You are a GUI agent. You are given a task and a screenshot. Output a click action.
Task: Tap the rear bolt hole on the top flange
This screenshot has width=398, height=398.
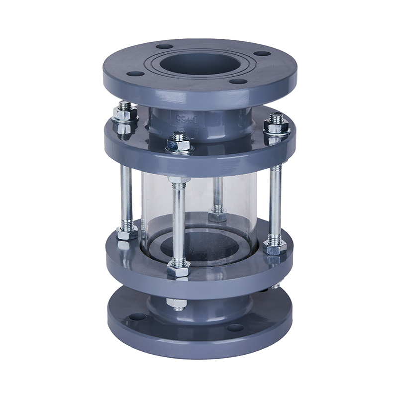click(164, 46)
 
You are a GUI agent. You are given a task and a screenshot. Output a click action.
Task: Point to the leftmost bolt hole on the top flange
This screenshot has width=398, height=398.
click(135, 74)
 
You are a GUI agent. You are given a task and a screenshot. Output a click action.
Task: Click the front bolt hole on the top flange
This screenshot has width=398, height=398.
click(238, 81)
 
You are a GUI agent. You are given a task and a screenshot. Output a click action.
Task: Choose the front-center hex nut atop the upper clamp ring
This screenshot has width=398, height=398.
click(178, 144)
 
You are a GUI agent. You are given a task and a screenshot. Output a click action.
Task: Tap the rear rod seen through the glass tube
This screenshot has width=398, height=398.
click(217, 194)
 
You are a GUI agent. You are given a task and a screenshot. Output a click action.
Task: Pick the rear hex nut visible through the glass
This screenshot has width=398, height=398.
click(217, 216)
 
